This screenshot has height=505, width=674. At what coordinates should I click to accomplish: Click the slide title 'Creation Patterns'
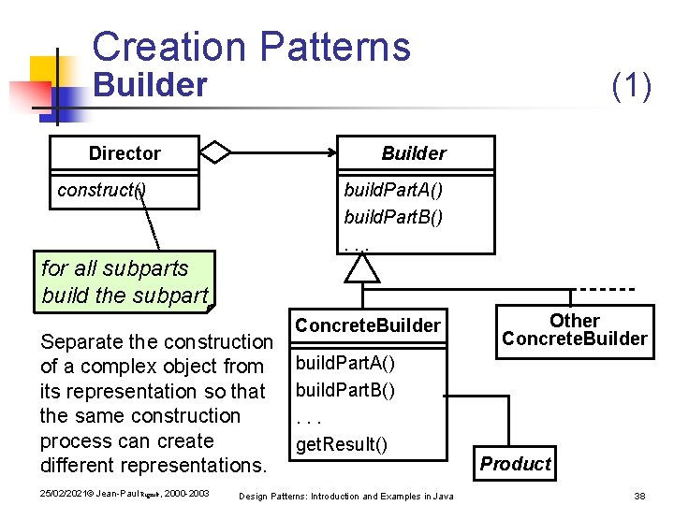[x=251, y=46]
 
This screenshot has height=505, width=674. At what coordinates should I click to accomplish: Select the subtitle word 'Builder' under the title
[x=150, y=86]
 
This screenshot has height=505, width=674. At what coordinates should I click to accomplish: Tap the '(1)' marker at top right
[x=631, y=86]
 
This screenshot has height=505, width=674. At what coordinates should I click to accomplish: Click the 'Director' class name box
[x=125, y=153]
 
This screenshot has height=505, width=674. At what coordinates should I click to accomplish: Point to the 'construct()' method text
[x=101, y=190]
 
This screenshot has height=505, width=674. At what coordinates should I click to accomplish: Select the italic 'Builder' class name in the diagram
[x=413, y=153]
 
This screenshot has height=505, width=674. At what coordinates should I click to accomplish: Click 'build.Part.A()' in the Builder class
[x=393, y=191]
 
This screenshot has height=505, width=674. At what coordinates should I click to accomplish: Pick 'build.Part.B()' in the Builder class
[x=393, y=217]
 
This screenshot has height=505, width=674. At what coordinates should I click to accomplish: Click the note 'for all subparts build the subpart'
[x=124, y=281]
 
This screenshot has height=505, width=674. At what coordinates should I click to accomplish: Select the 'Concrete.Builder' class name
[x=367, y=325]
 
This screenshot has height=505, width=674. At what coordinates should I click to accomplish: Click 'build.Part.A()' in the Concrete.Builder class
[x=345, y=363]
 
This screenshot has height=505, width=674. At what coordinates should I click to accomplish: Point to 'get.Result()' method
[x=341, y=444]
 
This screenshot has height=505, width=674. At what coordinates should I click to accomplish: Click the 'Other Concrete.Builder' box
[x=574, y=330]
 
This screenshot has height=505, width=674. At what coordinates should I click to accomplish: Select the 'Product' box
[x=516, y=464]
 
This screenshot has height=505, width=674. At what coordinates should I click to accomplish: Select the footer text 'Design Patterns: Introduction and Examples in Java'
[x=346, y=495]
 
